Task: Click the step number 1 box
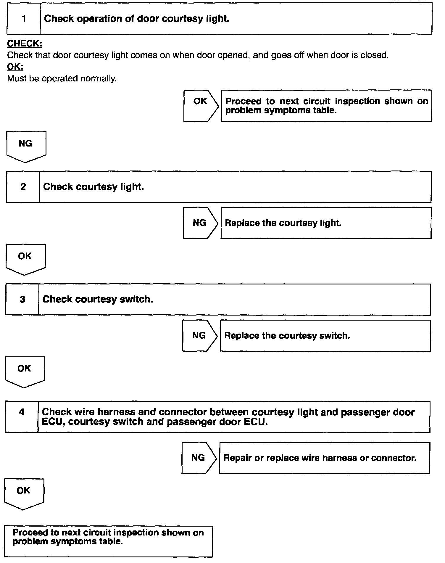(x=23, y=19)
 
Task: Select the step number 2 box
(x=23, y=187)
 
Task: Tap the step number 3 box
(x=22, y=299)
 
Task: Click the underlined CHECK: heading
(x=25, y=44)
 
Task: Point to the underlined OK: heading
(x=15, y=67)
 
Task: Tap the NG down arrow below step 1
(x=26, y=146)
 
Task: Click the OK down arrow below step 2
(x=25, y=258)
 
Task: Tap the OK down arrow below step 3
(x=25, y=371)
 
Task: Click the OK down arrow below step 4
(x=24, y=493)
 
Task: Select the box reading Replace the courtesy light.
(x=326, y=223)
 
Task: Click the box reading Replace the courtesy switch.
(x=325, y=336)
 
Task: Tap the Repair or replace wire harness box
(x=324, y=458)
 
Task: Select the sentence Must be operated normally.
(x=62, y=78)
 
